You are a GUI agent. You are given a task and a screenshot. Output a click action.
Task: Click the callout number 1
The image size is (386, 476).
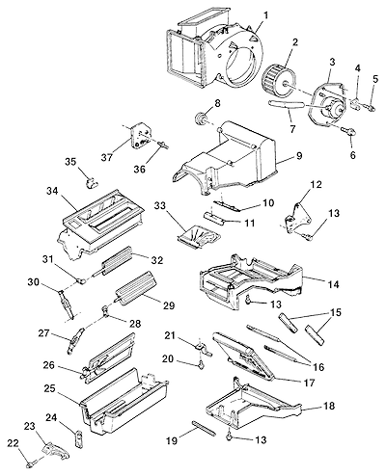[265, 15]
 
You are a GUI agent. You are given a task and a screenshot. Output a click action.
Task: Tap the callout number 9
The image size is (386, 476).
[298, 156]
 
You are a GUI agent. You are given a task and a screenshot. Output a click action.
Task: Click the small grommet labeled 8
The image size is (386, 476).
[202, 117]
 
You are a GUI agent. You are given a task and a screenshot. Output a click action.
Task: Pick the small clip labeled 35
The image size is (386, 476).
[92, 183]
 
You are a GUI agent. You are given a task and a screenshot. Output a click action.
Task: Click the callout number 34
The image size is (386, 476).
[52, 191]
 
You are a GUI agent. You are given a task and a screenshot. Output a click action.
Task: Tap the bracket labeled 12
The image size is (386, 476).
[298, 220]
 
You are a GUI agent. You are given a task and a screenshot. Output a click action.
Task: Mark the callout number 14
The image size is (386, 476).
[333, 284]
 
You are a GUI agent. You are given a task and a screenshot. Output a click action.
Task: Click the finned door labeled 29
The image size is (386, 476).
[135, 287]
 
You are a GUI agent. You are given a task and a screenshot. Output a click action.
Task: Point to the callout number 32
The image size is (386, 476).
[157, 259]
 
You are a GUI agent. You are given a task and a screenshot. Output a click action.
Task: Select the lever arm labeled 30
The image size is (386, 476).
[66, 303]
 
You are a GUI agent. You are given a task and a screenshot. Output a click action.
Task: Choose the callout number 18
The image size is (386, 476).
[329, 406]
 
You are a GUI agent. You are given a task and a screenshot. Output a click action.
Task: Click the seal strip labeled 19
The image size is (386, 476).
[204, 428]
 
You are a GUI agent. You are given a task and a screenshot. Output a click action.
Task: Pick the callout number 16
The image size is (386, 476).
[318, 367]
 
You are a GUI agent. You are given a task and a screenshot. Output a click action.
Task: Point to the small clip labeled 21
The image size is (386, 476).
[203, 349]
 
